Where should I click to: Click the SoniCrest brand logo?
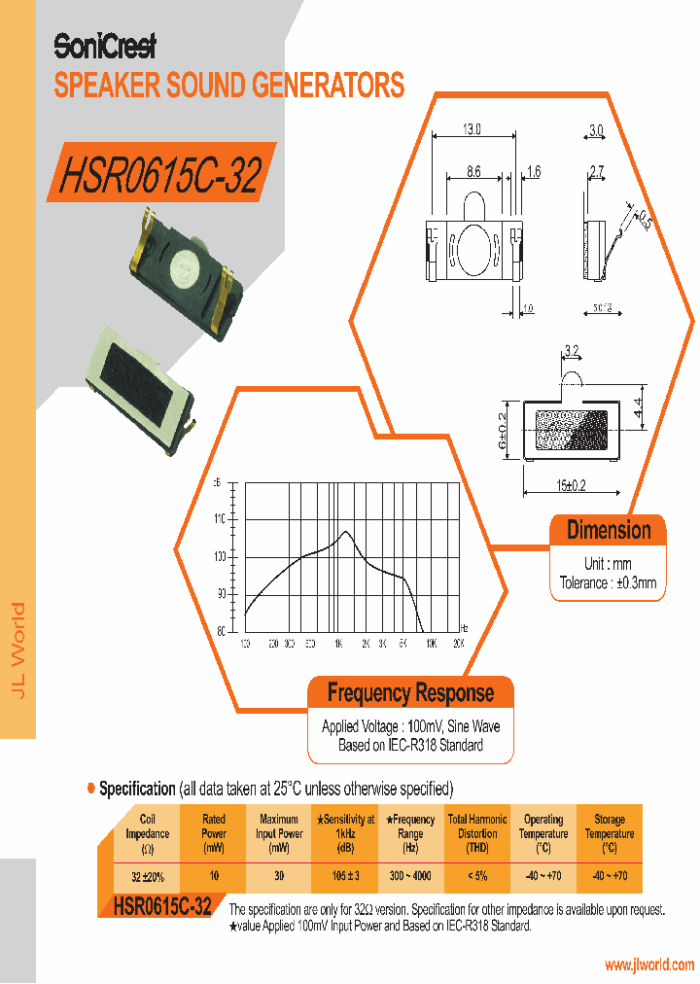(104, 46)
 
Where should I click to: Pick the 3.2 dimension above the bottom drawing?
(572, 351)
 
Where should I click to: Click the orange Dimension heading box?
(609, 531)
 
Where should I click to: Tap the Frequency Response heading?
(410, 693)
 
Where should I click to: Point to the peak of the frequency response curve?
(346, 532)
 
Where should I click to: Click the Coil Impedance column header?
(148, 833)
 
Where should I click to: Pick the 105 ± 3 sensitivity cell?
(345, 876)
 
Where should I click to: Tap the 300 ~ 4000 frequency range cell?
(410, 876)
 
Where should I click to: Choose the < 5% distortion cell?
(476, 876)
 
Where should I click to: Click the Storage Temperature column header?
(610, 833)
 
